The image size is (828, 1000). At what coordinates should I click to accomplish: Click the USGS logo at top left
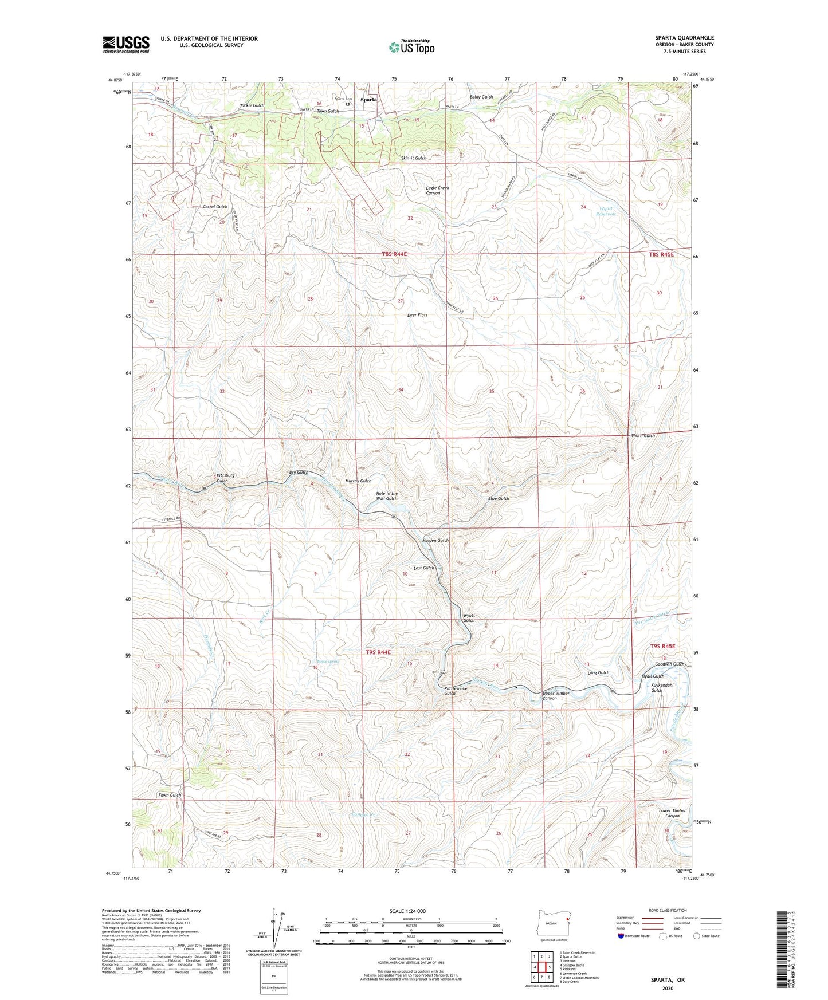click(126, 44)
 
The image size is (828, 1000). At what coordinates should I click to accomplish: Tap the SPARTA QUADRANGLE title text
click(684, 38)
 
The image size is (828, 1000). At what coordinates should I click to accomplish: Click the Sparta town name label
click(368, 99)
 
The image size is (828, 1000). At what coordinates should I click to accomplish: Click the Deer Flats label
click(417, 315)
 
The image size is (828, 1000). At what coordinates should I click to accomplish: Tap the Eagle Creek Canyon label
click(437, 190)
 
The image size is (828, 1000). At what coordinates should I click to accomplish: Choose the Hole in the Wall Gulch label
click(386, 496)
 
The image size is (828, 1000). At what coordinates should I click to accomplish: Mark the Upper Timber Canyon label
click(555, 696)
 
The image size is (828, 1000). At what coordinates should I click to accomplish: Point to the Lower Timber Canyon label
click(672, 813)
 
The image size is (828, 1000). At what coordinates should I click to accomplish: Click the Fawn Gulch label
click(170, 795)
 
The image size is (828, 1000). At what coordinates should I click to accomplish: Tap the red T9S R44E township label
click(378, 652)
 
